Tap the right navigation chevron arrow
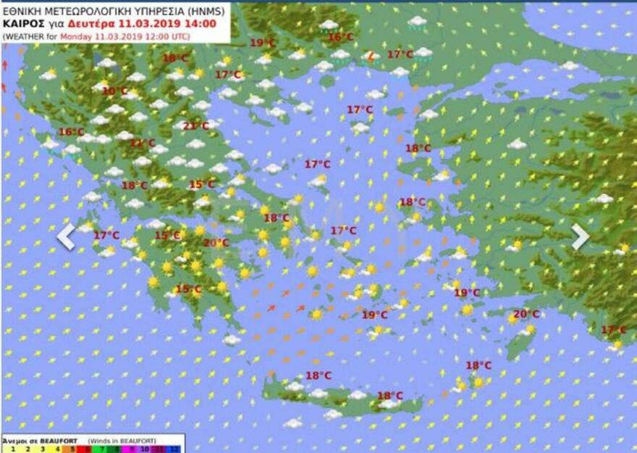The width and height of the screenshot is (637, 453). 581,236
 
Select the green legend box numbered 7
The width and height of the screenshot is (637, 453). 101,449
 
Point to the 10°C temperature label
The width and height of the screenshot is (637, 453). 114,91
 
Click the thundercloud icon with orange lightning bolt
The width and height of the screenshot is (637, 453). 371,56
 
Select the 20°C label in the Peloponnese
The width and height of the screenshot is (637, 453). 216,244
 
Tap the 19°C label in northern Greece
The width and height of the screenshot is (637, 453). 262,43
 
